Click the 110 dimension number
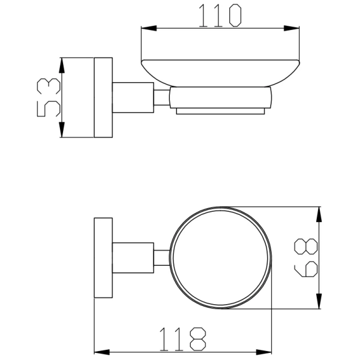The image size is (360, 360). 220,16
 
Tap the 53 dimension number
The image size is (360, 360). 49,97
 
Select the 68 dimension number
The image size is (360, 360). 306,257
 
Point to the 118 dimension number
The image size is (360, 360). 183,339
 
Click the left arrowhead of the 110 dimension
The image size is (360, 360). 149,28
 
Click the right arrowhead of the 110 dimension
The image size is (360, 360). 292,28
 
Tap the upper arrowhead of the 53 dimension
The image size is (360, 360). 62,65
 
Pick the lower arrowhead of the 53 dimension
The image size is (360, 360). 62,130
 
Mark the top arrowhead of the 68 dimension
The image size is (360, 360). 319,214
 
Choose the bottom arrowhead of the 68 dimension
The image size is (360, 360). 319,301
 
